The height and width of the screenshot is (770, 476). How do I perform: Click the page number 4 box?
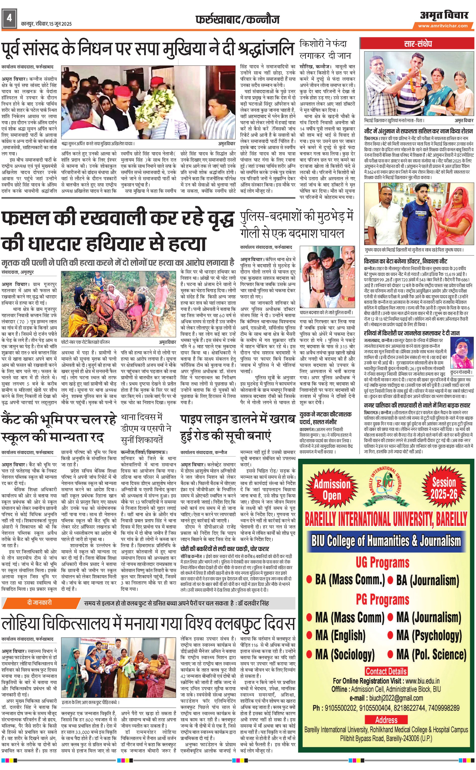9,18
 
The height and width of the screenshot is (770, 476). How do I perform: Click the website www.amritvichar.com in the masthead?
443,26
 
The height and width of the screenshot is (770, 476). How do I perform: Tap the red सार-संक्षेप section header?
418,44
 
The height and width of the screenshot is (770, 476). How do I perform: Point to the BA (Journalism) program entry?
427,580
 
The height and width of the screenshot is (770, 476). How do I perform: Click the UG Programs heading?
382,562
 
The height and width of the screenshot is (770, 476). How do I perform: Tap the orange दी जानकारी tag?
39,603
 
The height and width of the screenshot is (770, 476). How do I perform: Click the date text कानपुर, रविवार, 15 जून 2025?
46,24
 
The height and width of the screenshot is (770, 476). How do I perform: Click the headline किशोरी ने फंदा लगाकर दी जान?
325,50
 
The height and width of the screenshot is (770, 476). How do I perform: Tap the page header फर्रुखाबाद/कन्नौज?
237,20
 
